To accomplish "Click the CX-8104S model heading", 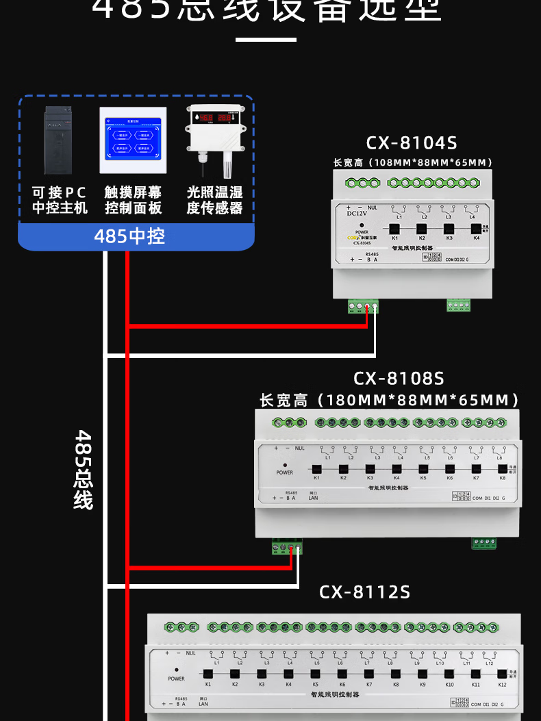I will tap(411, 142).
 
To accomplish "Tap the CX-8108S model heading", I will tap(399, 378).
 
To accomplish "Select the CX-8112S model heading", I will tap(364, 592).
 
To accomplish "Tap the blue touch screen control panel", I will tap(133, 140).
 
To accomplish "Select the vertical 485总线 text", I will tap(84, 469).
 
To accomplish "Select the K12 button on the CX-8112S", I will tap(502, 674).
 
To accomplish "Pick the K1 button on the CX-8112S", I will tap(207, 674).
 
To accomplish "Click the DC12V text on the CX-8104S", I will tap(357, 213).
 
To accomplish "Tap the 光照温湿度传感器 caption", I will tap(214, 200).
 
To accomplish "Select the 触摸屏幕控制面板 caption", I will tap(133, 200).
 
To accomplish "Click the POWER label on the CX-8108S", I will tap(285, 472).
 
